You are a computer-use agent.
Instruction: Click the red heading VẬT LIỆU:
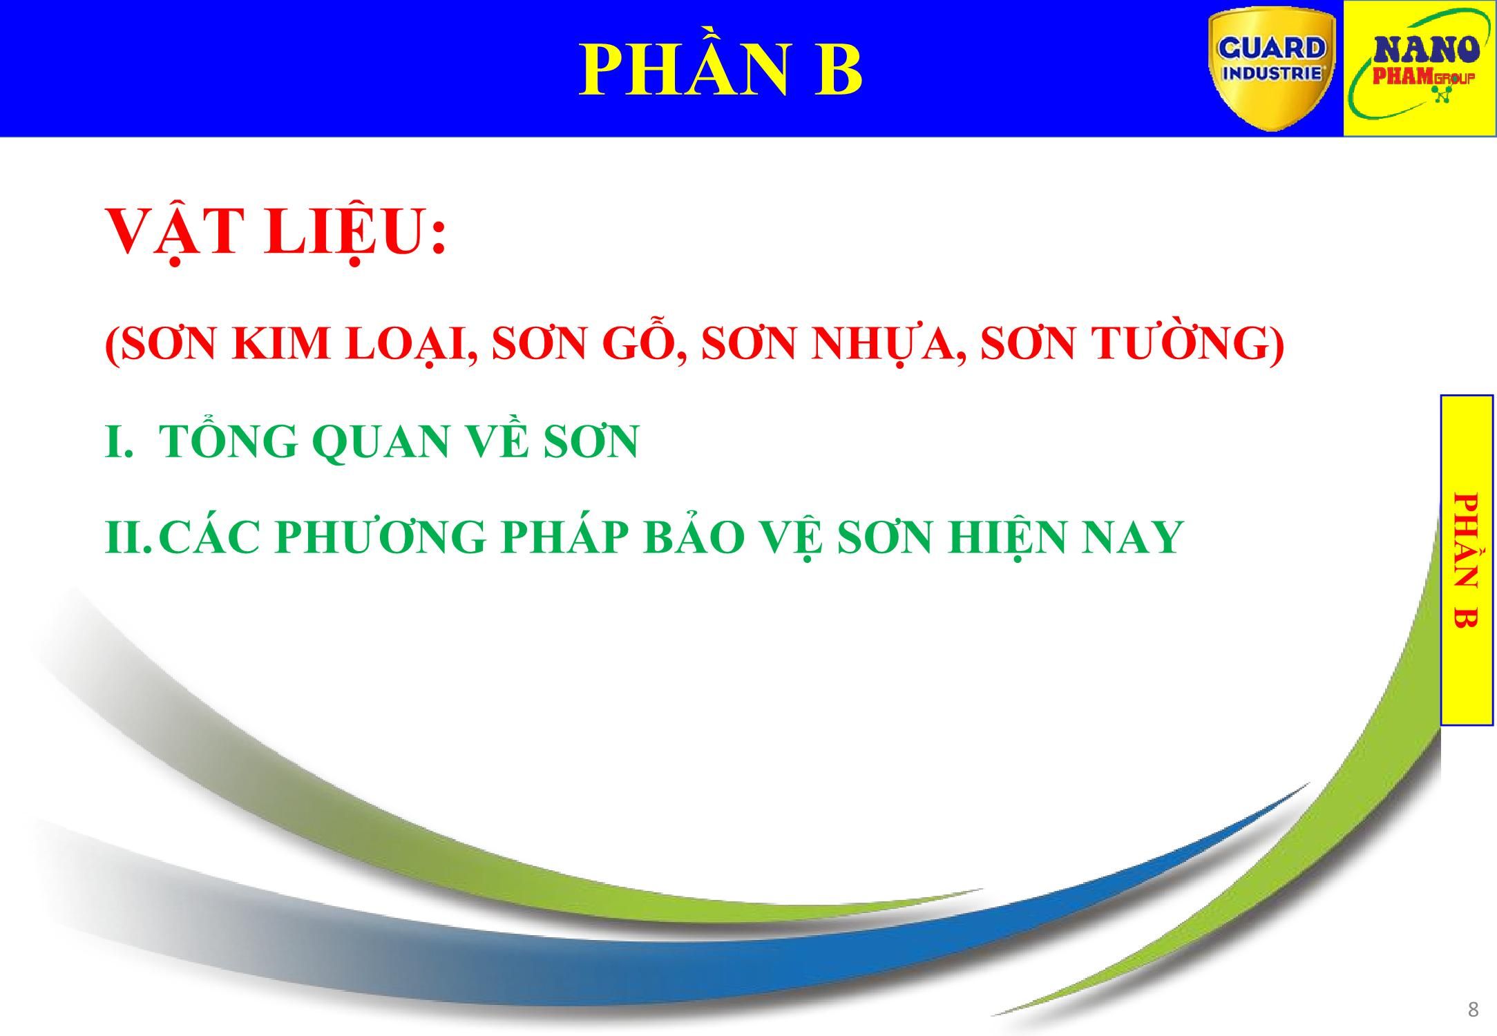[x=276, y=232]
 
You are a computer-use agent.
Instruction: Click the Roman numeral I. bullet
[x=118, y=441]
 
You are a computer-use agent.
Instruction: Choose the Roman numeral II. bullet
[x=128, y=537]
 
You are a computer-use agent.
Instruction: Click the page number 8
[x=1473, y=1010]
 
